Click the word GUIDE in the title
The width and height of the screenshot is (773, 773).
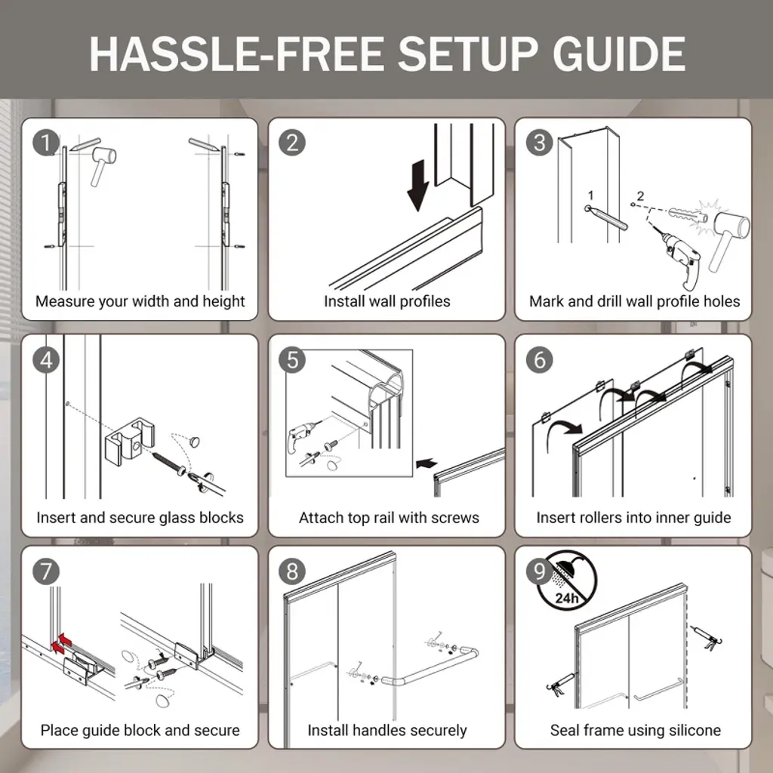(619, 54)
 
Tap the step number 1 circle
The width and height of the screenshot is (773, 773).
(46, 143)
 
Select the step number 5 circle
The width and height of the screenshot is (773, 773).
(292, 360)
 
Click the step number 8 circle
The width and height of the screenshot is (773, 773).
(292, 572)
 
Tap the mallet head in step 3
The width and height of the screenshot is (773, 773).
(731, 227)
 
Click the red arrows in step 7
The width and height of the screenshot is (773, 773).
(61, 644)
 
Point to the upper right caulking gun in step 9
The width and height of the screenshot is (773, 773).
(706, 638)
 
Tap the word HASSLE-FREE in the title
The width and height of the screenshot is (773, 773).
(237, 54)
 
